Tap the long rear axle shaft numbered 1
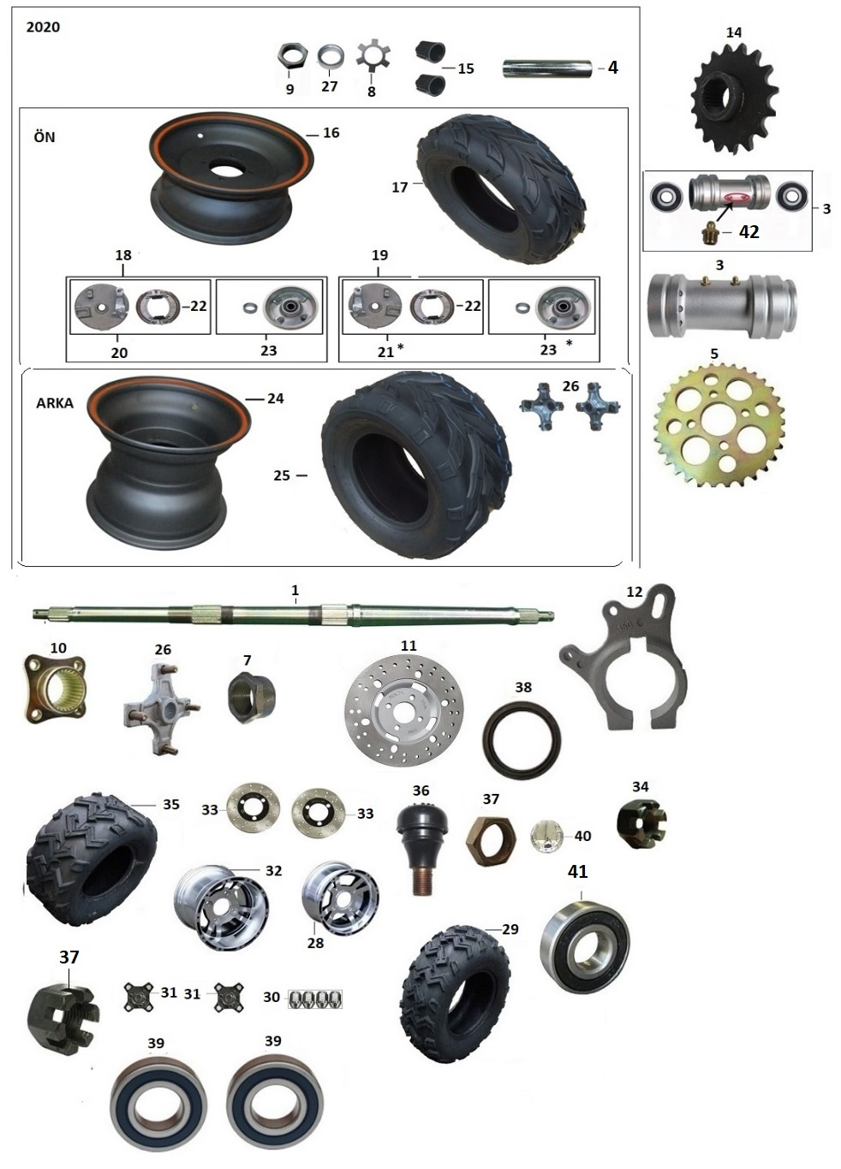pos(293,611)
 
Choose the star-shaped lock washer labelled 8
pos(373,57)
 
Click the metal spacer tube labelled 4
pos(549,69)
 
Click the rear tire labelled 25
pos(416,463)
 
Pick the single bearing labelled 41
pos(585,946)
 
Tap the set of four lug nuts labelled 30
pos(316,999)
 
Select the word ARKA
pos(55,403)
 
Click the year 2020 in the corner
pos(43,27)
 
